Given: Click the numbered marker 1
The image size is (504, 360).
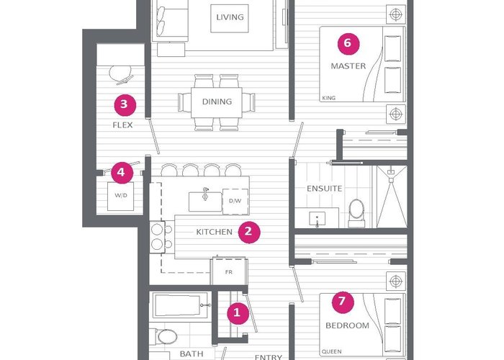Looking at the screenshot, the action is pyautogui.click(x=238, y=313).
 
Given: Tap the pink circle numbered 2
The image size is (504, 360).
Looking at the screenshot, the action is pyautogui.click(x=249, y=232).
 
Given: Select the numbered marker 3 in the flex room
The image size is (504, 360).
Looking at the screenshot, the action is pyautogui.click(x=125, y=105).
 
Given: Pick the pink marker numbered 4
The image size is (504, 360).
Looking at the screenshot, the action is pyautogui.click(x=122, y=173).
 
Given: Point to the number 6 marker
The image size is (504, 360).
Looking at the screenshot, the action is pyautogui.click(x=348, y=44).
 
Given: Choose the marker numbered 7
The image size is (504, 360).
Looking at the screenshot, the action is pyautogui.click(x=343, y=302).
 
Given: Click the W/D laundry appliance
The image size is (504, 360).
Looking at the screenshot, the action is pyautogui.click(x=120, y=196).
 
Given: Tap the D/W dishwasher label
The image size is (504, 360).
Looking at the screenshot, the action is pyautogui.click(x=235, y=201).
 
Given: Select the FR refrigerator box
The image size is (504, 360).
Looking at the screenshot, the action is pyautogui.click(x=228, y=271).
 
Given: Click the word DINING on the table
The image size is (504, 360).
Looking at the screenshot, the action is pyautogui.click(x=217, y=102).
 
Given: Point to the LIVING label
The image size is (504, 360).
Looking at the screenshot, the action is pyautogui.click(x=230, y=17).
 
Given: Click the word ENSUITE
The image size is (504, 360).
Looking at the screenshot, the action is pyautogui.click(x=324, y=189).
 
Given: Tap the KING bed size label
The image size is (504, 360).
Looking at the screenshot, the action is pyautogui.click(x=328, y=98).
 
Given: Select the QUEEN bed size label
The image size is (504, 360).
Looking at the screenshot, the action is pyautogui.click(x=332, y=351).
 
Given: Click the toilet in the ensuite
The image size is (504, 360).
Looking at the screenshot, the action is pyautogui.click(x=356, y=213).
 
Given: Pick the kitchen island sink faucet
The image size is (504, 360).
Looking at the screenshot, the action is pyautogui.click(x=205, y=194).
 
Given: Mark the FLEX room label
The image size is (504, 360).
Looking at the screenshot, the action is pyautogui.click(x=122, y=125).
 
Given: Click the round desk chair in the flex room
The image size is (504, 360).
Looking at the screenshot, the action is pyautogui.click(x=121, y=75).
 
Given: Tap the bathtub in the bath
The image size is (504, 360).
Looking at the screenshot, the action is pyautogui.click(x=180, y=305).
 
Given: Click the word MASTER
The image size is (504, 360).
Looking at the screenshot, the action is pyautogui.click(x=348, y=66).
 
